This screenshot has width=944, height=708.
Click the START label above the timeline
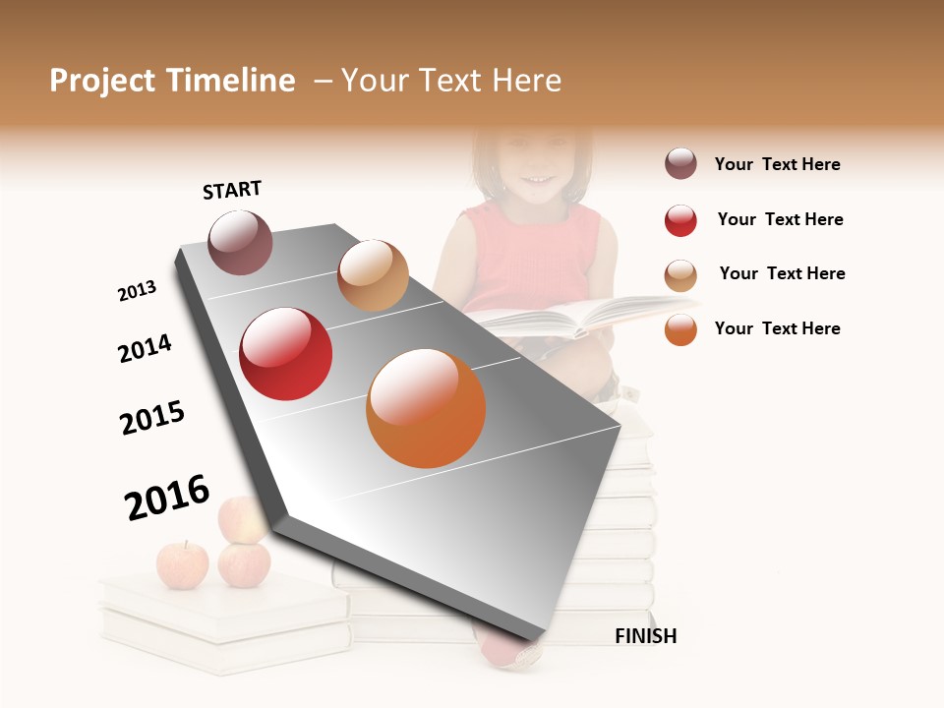(232, 190)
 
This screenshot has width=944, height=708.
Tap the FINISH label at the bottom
(645, 636)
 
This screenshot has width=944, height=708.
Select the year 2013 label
(137, 291)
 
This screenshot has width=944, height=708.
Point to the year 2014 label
(145, 348)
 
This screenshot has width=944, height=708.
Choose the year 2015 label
(152, 418)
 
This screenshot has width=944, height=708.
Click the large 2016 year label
(167, 497)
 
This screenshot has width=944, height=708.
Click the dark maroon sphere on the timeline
(240, 242)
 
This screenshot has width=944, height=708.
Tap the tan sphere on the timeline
(373, 275)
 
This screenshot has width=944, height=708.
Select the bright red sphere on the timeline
(285, 354)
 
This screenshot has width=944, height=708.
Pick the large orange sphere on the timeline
(426, 408)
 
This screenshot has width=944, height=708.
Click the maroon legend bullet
(680, 163)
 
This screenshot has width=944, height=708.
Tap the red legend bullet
(680, 220)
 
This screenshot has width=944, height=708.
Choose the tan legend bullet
(680, 275)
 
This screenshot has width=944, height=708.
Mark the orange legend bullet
(680, 329)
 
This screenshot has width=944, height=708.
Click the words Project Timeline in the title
(172, 81)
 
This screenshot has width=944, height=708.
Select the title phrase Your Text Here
(451, 81)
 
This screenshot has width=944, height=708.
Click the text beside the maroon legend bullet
(777, 164)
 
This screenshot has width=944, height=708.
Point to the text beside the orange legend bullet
(777, 328)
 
